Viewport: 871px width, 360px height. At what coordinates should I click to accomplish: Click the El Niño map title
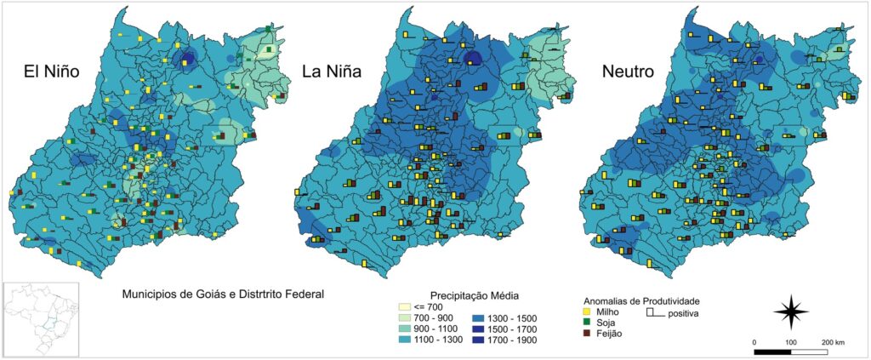click(51, 73)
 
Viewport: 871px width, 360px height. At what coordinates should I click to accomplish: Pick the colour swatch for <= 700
click(405, 306)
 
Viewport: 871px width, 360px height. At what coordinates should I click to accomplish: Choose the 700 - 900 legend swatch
click(405, 317)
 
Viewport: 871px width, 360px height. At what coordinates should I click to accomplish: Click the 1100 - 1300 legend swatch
click(405, 339)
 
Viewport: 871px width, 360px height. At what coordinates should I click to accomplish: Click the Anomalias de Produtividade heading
click(640, 301)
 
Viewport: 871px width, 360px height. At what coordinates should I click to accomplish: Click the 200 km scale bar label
click(833, 342)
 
